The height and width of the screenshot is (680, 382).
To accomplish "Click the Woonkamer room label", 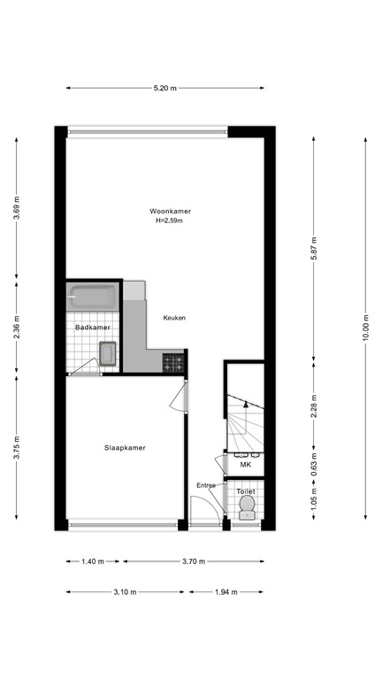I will pos(171,211).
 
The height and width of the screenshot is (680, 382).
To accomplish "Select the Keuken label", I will pos(174,318).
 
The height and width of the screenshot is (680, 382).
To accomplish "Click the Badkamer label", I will pos(92,328).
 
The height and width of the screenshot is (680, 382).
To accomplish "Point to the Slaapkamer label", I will pos(125,448).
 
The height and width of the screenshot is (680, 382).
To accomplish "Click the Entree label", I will pos(206,485).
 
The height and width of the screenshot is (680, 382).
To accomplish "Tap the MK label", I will pos(245,464).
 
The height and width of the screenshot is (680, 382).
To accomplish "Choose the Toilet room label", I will pos(247,490).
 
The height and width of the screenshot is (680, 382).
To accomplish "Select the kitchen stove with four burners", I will pos(174,361).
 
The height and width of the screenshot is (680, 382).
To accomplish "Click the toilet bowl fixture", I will pos(247,507).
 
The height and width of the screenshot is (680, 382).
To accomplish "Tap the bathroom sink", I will pos(108,354).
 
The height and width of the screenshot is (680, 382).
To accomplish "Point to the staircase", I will pos(245,423).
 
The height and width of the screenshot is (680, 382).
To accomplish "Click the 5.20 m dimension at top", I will pos(164,88).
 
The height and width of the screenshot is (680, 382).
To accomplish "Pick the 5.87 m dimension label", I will pos(314,250).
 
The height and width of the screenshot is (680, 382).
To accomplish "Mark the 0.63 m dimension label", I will pos(314,465).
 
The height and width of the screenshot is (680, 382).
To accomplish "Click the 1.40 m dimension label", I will pos(94,561).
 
